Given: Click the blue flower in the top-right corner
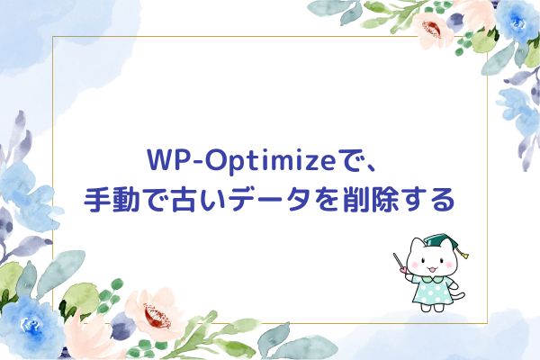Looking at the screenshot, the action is [x=517, y=22].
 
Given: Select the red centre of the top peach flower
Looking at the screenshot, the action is [x=432, y=29].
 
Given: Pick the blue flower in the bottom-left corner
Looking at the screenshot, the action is [x=31, y=327].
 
